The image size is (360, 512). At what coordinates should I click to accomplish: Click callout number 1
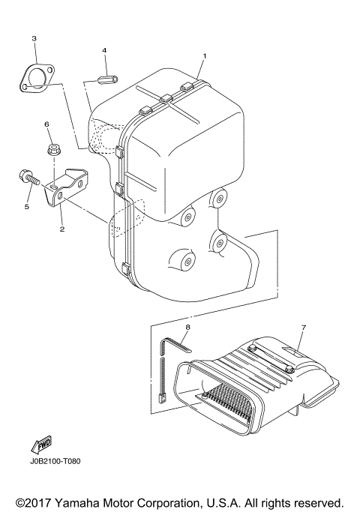[203, 56]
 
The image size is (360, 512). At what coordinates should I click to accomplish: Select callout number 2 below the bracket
[61, 230]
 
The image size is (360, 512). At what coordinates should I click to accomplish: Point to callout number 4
[104, 51]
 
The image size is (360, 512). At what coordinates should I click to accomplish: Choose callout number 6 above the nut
[46, 124]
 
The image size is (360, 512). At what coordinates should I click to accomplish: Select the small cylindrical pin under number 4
[107, 77]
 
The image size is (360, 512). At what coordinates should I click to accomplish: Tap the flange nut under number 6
[54, 150]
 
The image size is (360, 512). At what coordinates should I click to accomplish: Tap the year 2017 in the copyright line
[37, 502]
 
